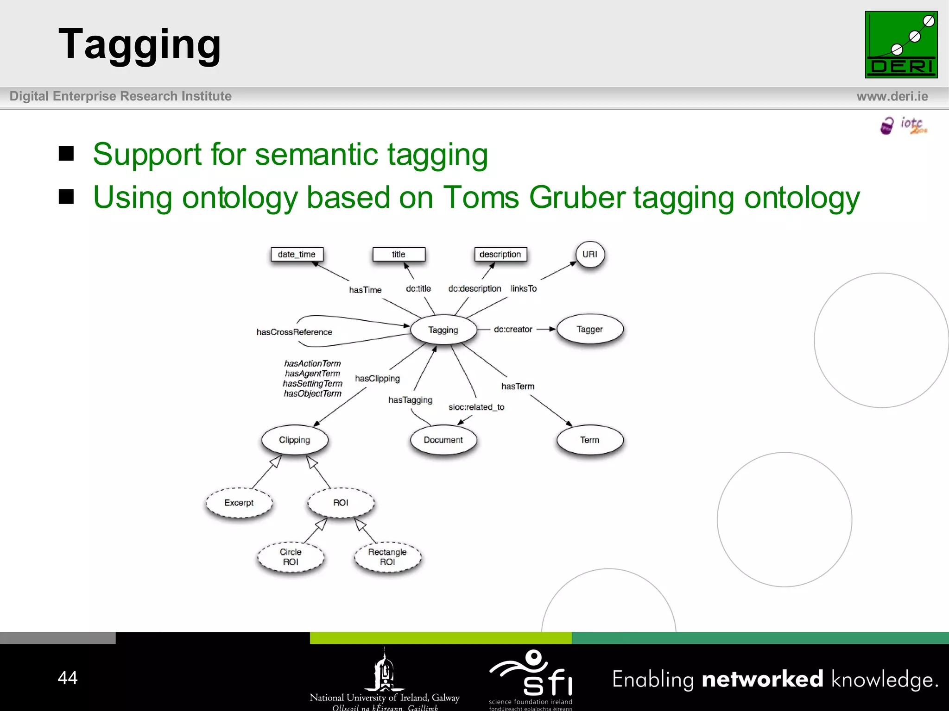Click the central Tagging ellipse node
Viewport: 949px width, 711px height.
(x=443, y=330)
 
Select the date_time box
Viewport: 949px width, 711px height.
(x=297, y=254)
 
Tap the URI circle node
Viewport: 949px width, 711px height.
(x=590, y=254)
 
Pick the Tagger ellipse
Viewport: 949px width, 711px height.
(x=589, y=329)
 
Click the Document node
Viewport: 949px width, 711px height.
(x=443, y=440)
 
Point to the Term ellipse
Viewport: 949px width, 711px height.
(x=589, y=440)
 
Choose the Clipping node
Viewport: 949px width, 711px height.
(x=295, y=440)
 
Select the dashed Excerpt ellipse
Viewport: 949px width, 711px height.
(x=239, y=503)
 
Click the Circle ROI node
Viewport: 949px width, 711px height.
(x=291, y=557)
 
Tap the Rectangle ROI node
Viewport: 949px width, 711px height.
(x=387, y=557)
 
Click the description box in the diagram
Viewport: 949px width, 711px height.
(x=500, y=254)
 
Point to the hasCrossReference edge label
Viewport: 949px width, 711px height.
(x=294, y=332)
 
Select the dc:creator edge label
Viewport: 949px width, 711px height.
(x=513, y=329)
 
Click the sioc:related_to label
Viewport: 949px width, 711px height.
(x=476, y=407)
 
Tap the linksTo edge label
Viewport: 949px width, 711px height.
(x=524, y=288)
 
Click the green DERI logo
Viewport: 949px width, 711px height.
(x=901, y=44)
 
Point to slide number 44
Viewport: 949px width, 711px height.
(x=68, y=678)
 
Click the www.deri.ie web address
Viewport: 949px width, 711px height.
(x=892, y=96)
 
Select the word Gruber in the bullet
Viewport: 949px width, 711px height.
(x=577, y=197)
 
